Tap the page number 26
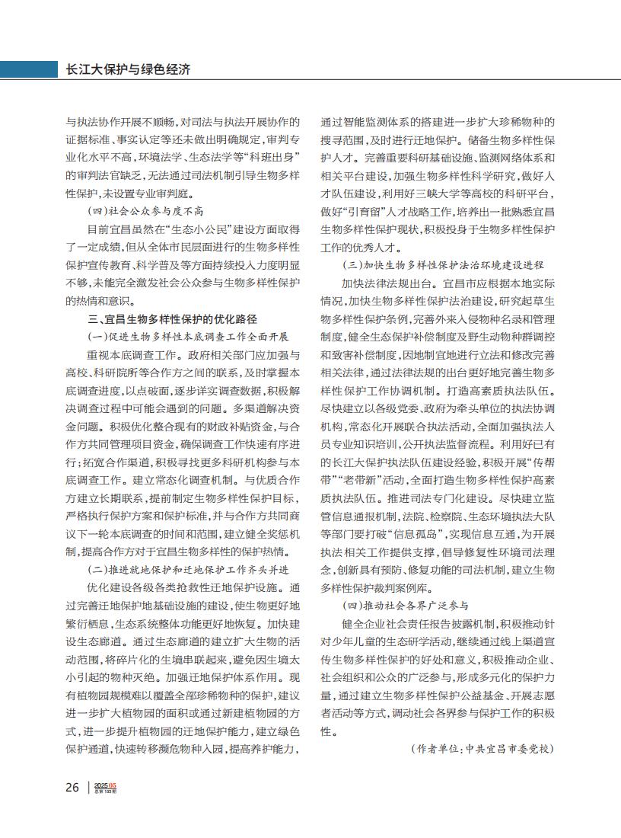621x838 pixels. (x=72, y=787)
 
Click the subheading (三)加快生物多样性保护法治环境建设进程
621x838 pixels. (x=443, y=266)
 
